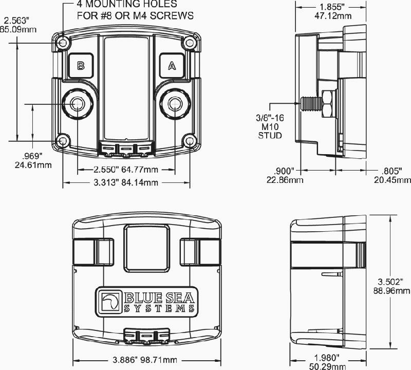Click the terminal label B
pyautogui.click(x=81, y=66)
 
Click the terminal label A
pyautogui.click(x=172, y=66)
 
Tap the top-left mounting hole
pyautogui.click(x=63, y=43)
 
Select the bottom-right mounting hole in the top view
pyautogui.click(x=190, y=141)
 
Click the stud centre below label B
pyautogui.click(x=78, y=104)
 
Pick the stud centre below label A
pyautogui.click(x=175, y=104)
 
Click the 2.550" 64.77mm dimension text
pyautogui.click(x=126, y=170)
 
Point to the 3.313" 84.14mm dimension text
pyautogui.click(x=126, y=182)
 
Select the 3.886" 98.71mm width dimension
pyautogui.click(x=145, y=360)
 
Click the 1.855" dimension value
pyautogui.click(x=332, y=7)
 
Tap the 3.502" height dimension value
pyautogui.click(x=390, y=282)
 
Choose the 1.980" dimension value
pyautogui.click(x=327, y=358)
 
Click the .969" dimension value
pyautogui.click(x=32, y=156)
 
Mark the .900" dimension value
pyautogui.click(x=284, y=171)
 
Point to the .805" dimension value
pyautogui.click(x=392, y=171)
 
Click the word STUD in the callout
pyautogui.click(x=270, y=136)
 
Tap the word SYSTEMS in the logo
pyautogui.click(x=159, y=309)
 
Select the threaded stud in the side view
pyautogui.click(x=311, y=104)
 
